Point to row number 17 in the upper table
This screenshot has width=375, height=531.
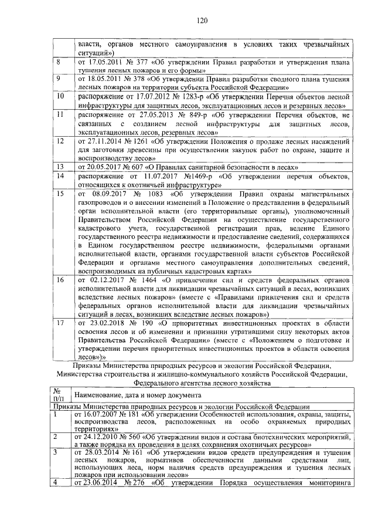click(60, 323)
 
